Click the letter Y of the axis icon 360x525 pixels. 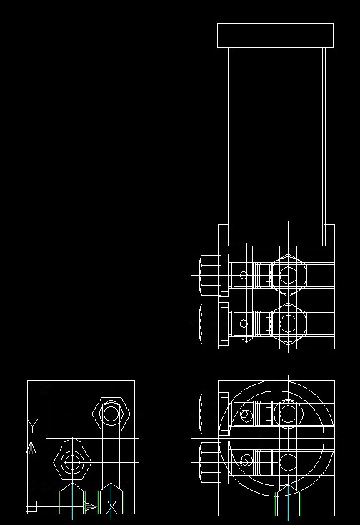[x=32, y=425]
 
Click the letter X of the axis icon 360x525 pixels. [x=111, y=506]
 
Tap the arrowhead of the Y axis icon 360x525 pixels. [x=31, y=448]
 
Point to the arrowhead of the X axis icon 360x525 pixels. [x=90, y=507]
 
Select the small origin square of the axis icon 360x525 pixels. [x=31, y=506]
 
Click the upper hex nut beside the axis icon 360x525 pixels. [x=111, y=414]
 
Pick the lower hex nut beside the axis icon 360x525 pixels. [x=72, y=462]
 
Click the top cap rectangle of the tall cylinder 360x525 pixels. [x=275, y=35]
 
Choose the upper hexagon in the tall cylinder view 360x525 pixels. [x=289, y=275]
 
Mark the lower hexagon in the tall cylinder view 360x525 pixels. [x=289, y=324]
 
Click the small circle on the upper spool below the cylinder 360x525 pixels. [x=244, y=275]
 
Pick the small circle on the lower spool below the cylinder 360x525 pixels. [x=244, y=324]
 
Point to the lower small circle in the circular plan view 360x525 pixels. [x=246, y=461]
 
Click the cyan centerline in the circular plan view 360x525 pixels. [x=288, y=502]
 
